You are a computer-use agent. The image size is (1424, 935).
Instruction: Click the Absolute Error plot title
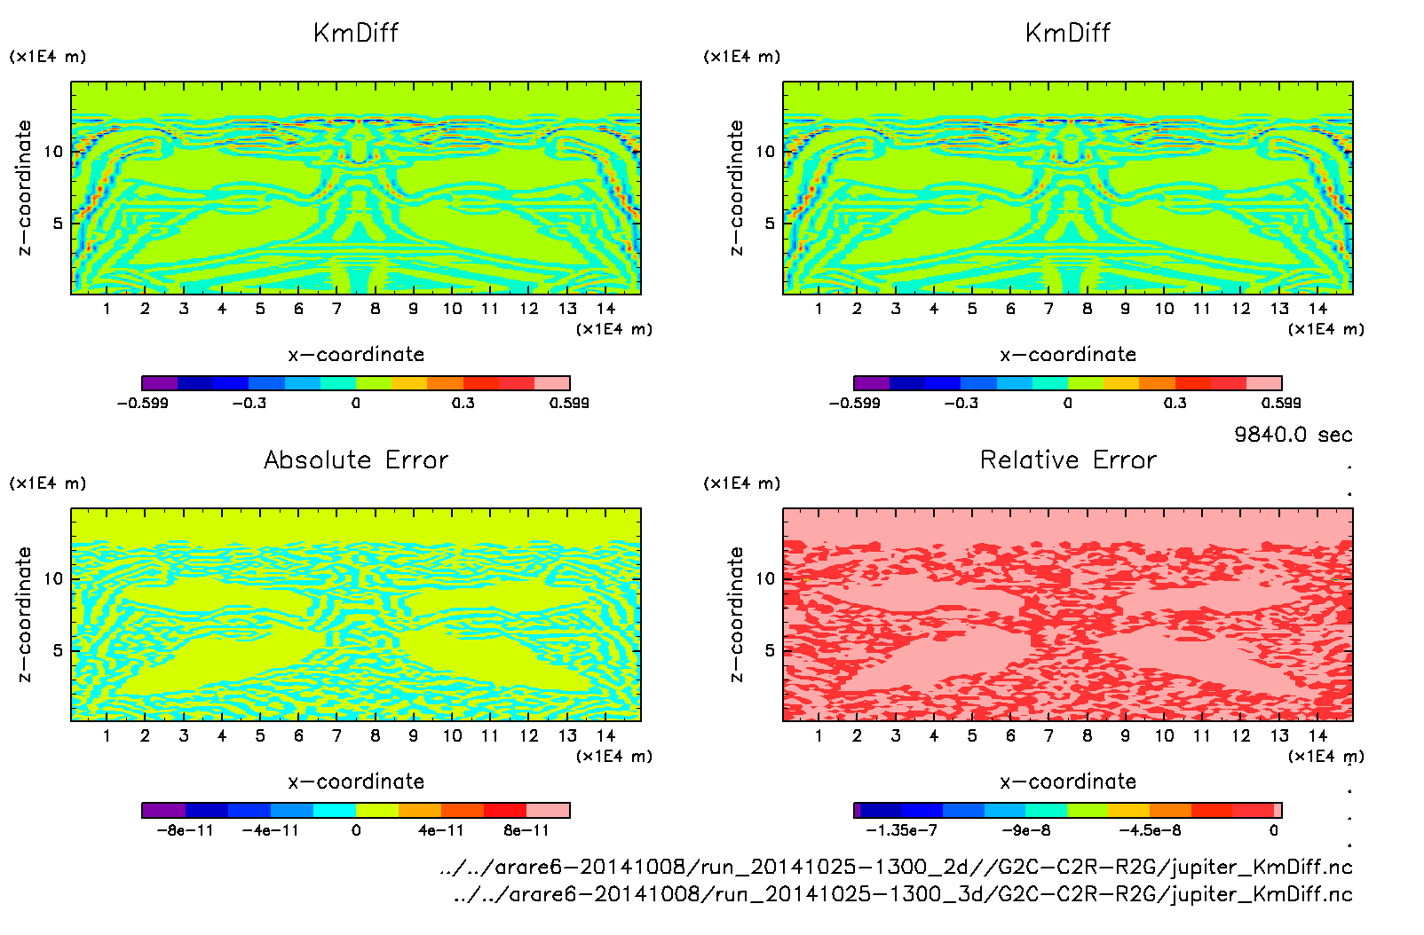pyautogui.click(x=356, y=460)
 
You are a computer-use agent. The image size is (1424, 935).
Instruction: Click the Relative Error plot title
pyautogui.click(x=1068, y=460)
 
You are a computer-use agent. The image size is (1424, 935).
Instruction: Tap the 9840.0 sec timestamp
pyautogui.click(x=1293, y=435)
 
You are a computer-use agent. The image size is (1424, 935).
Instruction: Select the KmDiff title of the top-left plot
pyautogui.click(x=356, y=33)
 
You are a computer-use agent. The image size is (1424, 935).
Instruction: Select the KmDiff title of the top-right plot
pyautogui.click(x=1068, y=33)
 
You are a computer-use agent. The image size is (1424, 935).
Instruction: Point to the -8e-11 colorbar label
pyautogui.click(x=185, y=830)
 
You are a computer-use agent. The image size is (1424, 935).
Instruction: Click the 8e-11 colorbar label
pyautogui.click(x=526, y=830)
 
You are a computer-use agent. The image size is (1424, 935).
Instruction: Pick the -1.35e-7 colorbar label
pyautogui.click(x=901, y=830)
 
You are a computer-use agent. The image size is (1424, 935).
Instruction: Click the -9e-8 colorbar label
pyautogui.click(x=1026, y=830)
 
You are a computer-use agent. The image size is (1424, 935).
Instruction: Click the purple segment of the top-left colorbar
pyautogui.click(x=160, y=383)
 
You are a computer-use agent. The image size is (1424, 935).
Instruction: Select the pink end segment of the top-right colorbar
pyautogui.click(x=1264, y=383)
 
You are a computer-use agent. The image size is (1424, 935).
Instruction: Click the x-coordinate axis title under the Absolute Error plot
pyautogui.click(x=356, y=782)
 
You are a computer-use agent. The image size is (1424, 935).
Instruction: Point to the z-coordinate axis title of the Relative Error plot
pyautogui.click(x=736, y=614)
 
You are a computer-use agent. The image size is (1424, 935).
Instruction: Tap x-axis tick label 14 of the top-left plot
pyautogui.click(x=605, y=309)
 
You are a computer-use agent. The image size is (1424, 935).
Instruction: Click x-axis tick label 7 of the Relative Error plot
pyautogui.click(x=1048, y=735)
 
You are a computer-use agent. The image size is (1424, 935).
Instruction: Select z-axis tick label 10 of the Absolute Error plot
pyautogui.click(x=53, y=579)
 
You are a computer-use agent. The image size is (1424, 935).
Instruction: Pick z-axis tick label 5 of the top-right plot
pyautogui.click(x=769, y=224)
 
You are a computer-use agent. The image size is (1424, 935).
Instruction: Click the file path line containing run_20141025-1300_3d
pyautogui.click(x=902, y=894)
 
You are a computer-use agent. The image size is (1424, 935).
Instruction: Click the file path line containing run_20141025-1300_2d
pyautogui.click(x=896, y=867)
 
